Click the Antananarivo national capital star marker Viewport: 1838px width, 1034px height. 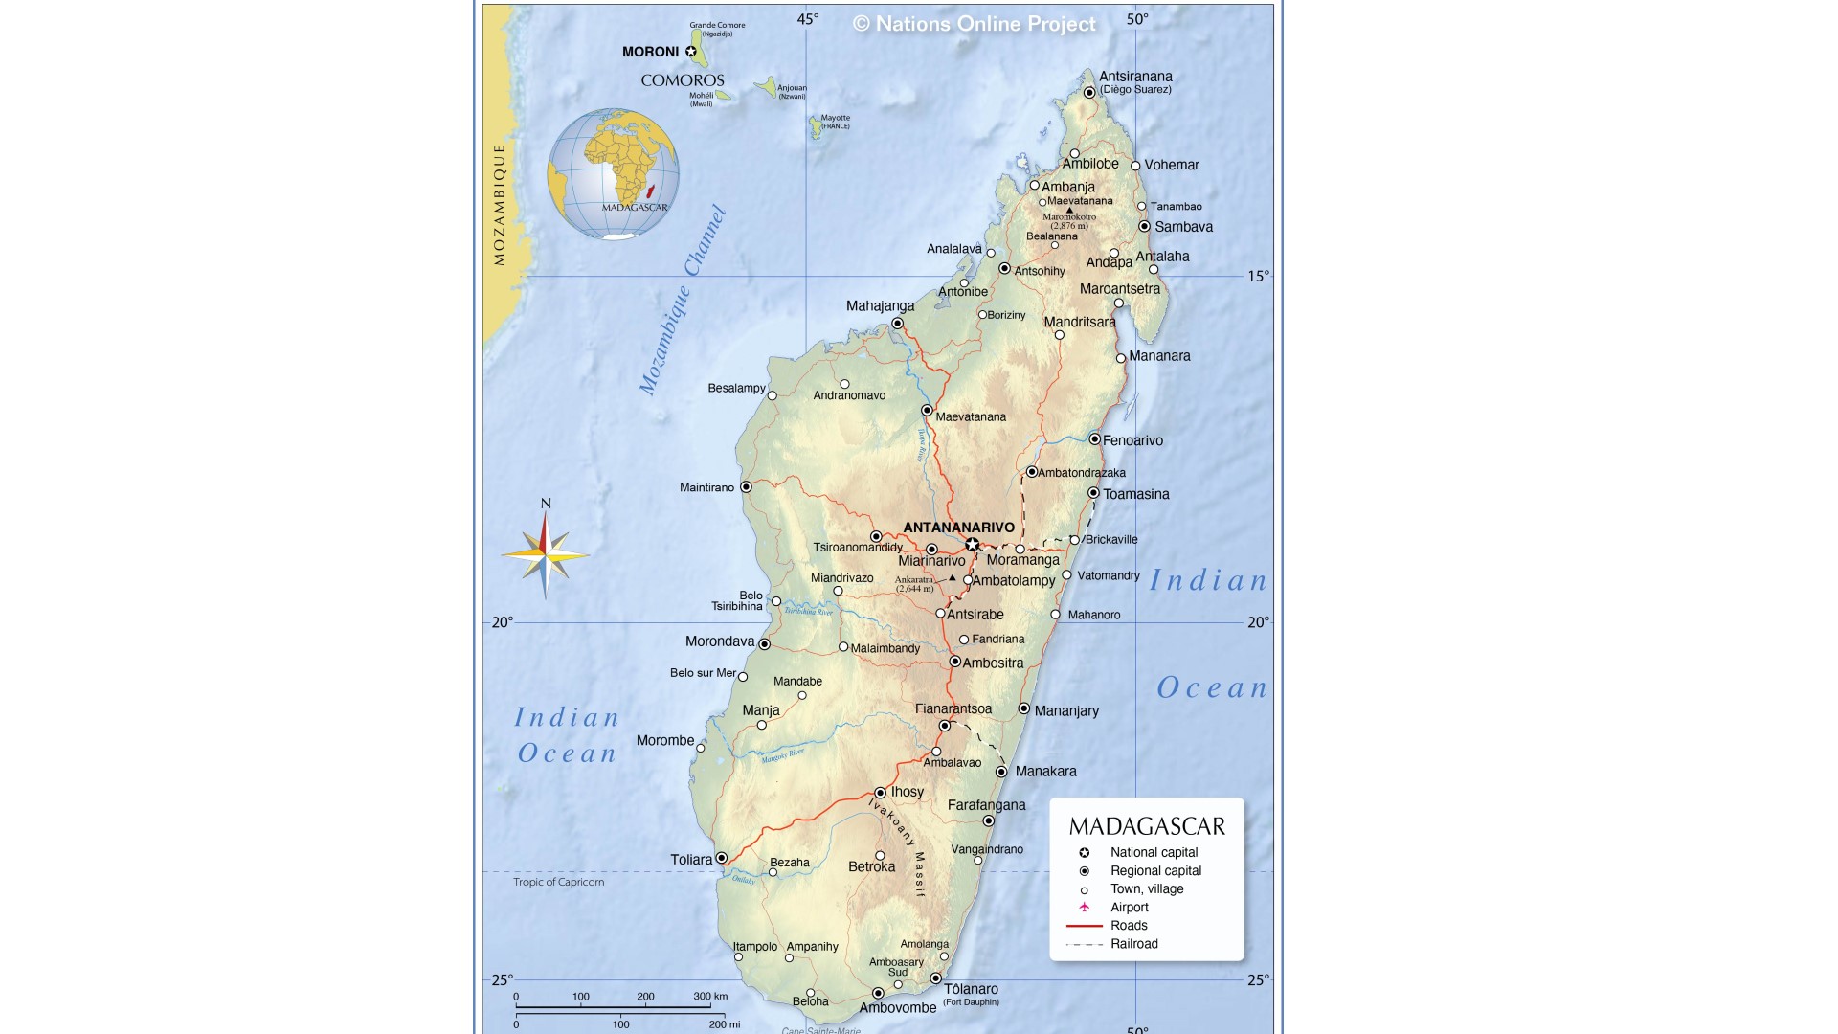click(972, 545)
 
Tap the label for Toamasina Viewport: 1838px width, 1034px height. click(1135, 494)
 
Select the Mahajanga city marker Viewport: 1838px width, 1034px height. click(897, 324)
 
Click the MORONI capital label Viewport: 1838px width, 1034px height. click(650, 52)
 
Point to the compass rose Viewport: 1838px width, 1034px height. click(545, 554)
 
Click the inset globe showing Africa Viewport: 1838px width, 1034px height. click(613, 173)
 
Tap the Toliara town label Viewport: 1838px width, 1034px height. click(691, 860)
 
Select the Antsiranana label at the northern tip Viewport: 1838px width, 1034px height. click(1135, 77)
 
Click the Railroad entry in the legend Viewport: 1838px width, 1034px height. click(1133, 944)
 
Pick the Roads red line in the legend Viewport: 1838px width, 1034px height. click(1084, 926)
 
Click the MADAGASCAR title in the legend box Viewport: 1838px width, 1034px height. click(1147, 826)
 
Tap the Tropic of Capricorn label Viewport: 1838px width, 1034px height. click(558, 882)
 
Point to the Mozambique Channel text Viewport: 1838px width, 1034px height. click(683, 300)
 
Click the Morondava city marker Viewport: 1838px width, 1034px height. click(764, 644)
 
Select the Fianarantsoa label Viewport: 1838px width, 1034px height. click(953, 709)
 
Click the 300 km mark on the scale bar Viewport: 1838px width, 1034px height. click(709, 997)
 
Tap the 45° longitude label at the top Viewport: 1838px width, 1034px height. click(807, 19)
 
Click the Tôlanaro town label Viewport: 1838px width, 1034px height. click(971, 989)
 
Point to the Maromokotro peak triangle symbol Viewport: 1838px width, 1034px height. click(1069, 210)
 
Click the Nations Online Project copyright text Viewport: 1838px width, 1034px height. click(975, 24)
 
